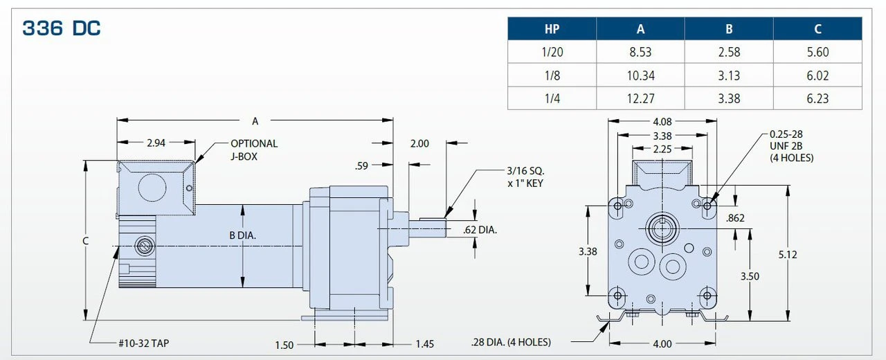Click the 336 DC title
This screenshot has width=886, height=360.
(x=62, y=28)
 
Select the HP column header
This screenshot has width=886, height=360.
(x=552, y=28)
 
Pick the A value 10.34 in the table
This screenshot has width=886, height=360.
(x=640, y=75)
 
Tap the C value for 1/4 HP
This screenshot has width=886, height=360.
(x=817, y=98)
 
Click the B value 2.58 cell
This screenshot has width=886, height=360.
(x=729, y=52)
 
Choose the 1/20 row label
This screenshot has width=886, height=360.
(x=552, y=52)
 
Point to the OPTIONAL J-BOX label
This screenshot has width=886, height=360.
(x=254, y=150)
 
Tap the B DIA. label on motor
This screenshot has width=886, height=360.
(x=243, y=235)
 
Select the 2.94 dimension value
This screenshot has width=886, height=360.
(x=156, y=143)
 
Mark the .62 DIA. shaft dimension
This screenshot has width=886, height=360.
(x=480, y=230)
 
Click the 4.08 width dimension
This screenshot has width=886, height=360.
(x=662, y=121)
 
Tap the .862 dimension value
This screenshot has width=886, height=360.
(x=736, y=219)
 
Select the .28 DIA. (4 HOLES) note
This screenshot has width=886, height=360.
(x=511, y=342)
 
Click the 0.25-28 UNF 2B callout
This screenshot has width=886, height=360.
(x=791, y=146)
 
